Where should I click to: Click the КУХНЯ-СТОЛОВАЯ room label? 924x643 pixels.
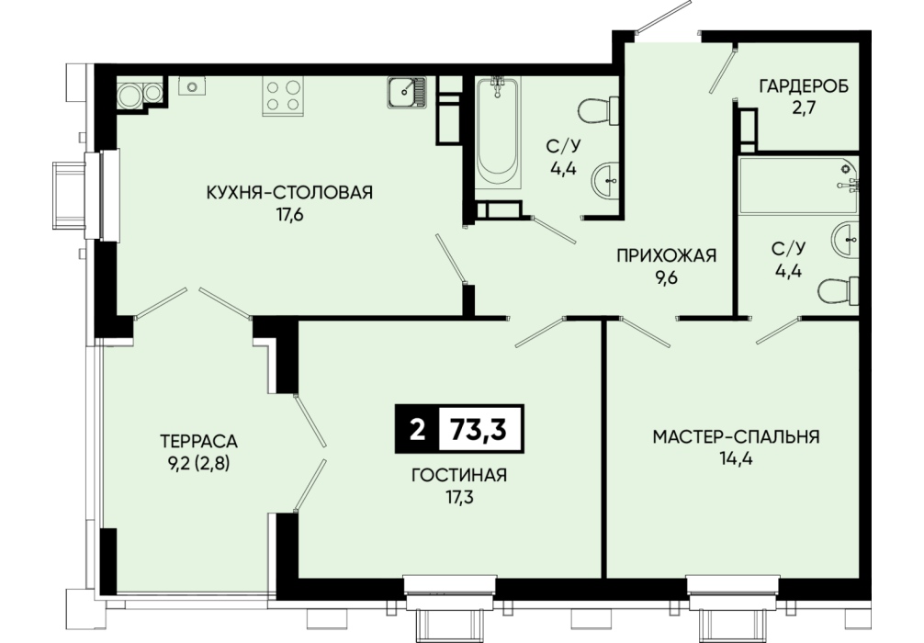(289, 192)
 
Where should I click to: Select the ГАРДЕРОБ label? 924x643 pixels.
(804, 86)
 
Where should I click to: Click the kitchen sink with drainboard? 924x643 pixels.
(407, 93)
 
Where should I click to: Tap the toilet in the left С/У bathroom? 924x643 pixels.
(598, 111)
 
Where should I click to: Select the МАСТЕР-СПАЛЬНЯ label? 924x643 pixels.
(736, 436)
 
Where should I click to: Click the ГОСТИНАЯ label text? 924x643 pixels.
(459, 475)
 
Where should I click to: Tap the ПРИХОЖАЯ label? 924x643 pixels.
(666, 255)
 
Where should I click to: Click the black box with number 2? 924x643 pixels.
(417, 429)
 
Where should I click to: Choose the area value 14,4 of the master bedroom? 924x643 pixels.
(736, 459)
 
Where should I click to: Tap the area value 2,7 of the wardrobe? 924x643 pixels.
(804, 109)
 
